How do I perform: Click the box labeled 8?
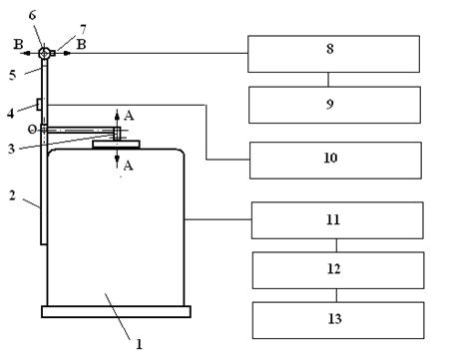[333, 54]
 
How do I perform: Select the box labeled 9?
[334, 105]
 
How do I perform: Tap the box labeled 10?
[335, 161]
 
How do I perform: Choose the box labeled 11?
[337, 220]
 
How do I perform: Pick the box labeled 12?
[338, 270]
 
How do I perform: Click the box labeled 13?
[338, 320]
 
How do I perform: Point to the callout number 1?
[139, 344]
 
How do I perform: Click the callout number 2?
[12, 195]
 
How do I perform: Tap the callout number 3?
[11, 149]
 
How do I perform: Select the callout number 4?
[11, 114]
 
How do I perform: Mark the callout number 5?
[12, 75]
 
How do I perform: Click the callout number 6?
[32, 15]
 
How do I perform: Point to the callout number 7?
[83, 29]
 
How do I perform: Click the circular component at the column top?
[44, 53]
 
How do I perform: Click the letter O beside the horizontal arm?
[32, 130]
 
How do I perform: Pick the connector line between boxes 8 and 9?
[328, 80]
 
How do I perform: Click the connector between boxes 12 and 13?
[336, 295]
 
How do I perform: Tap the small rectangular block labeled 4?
[39, 105]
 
